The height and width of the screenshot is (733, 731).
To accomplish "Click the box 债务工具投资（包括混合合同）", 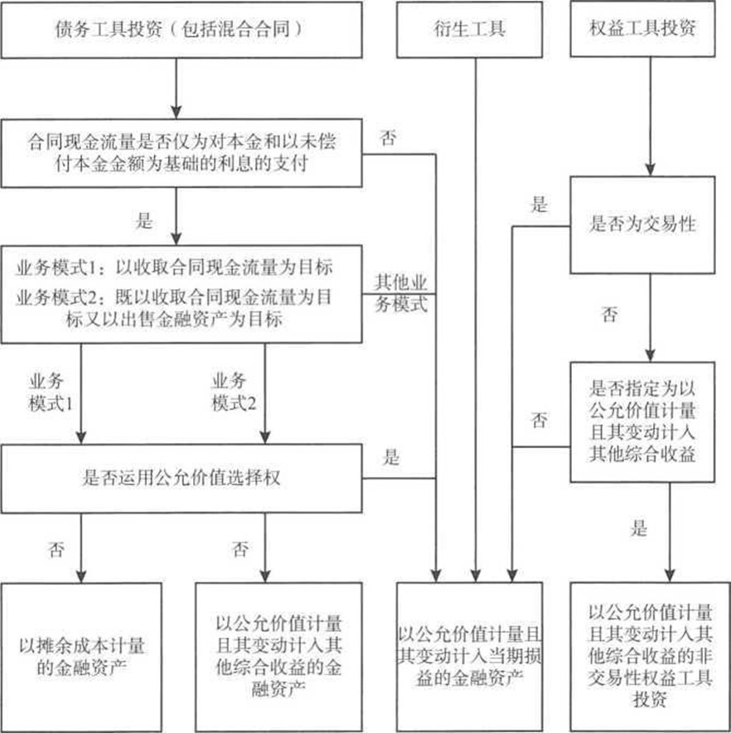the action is pos(182,30).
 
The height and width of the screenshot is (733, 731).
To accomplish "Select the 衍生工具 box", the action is pos(470,30).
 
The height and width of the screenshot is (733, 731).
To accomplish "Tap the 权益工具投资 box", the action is pos(642,29).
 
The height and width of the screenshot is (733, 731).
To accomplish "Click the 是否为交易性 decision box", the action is pos(642,224).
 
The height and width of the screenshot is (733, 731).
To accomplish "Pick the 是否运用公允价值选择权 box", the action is pos(182,478).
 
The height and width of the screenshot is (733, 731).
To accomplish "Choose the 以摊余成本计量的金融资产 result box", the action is pos(81,657).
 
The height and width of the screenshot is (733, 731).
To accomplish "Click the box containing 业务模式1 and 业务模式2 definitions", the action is pos(182,294).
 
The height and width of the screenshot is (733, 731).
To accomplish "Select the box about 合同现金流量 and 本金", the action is pos(182,153).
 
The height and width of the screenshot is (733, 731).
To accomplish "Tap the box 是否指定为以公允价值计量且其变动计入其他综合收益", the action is pos(642,422).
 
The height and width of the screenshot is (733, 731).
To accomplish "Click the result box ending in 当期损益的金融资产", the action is pos(470,657).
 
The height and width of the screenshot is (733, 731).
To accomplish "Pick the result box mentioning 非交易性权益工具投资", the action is pos(650,657).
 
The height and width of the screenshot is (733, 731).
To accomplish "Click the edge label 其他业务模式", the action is pos(401,293).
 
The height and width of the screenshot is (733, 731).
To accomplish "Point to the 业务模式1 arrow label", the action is pos(51,393).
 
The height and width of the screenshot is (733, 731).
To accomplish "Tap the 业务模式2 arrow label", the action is pos(234,393).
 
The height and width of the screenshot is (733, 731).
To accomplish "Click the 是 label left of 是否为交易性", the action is pos(539,205).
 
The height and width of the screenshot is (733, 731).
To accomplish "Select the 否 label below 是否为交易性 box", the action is pos(609,315).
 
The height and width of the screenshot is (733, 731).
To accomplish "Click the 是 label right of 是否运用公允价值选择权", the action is pos(391,457).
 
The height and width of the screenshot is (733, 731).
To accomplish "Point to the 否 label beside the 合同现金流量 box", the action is pos(388,138).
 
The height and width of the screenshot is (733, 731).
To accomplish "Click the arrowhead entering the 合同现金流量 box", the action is pos(176,113).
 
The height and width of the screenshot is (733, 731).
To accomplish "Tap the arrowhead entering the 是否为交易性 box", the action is pos(650,170).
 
